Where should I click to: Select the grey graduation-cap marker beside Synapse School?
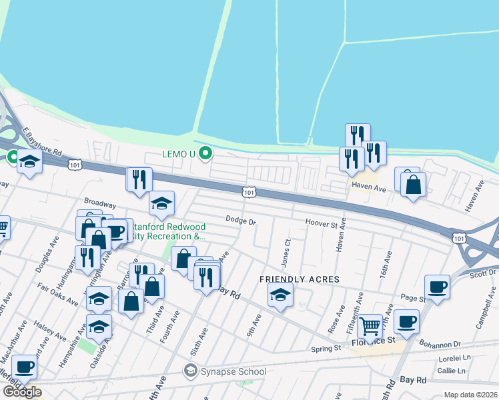click(191, 371)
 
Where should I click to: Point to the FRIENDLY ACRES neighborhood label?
click(300, 279)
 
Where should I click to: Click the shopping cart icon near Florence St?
click(370, 326)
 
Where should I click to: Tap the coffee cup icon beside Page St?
click(437, 287)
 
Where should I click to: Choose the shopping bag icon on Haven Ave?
click(414, 186)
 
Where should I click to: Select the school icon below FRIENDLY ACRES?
click(280, 294)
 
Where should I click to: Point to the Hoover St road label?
click(322, 222)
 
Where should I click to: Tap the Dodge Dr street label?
click(241, 220)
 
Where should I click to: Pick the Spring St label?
click(326, 349)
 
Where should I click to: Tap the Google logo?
click(22, 392)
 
